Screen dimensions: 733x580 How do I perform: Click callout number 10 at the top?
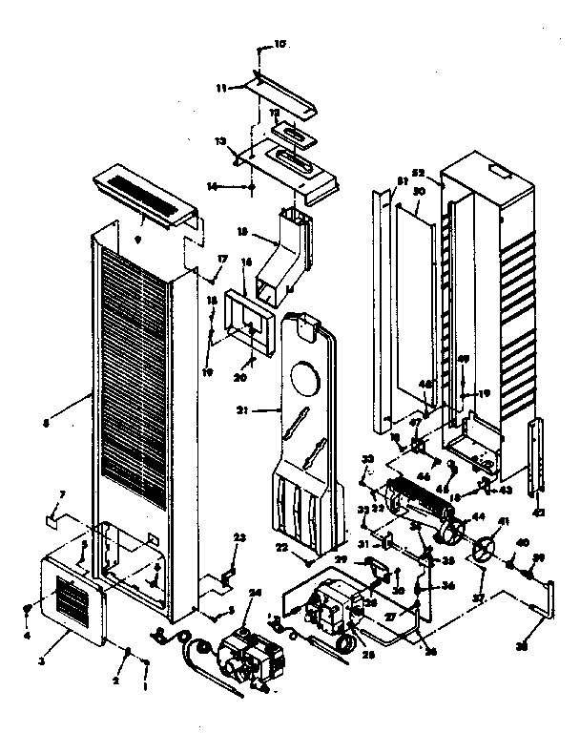pyautogui.click(x=280, y=44)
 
